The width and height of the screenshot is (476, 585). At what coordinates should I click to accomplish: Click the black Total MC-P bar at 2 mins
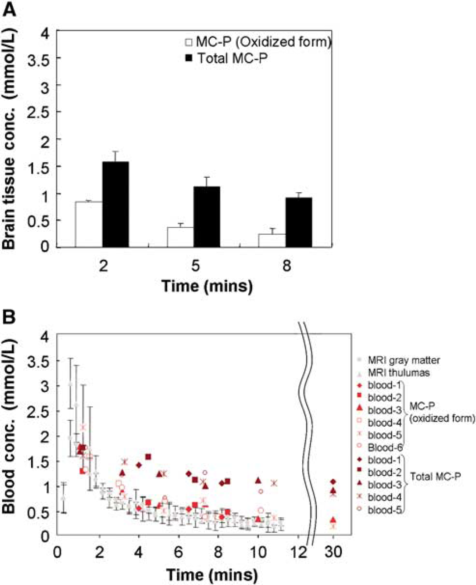coord(115,205)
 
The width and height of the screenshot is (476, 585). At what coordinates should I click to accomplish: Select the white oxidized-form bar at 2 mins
coord(89,224)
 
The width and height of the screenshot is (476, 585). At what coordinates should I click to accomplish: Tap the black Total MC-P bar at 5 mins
coord(207,217)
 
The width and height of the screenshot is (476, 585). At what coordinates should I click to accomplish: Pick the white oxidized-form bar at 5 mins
coord(181,237)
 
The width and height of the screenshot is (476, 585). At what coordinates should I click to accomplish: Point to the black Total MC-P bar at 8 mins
coord(299,223)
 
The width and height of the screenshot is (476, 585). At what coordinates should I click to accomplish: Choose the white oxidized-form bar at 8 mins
coord(272,240)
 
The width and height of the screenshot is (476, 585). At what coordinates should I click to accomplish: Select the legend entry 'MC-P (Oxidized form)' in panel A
coord(258,42)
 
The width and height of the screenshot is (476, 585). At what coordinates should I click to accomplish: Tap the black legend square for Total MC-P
coord(189,58)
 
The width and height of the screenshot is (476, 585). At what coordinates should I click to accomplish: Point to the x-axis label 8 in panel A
coord(286,266)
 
